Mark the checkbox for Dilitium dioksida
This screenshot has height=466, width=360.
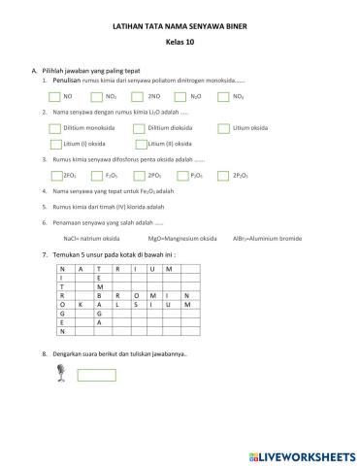[141, 127]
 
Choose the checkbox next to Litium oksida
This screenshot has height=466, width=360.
[224, 127]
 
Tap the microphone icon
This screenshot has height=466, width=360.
[63, 374]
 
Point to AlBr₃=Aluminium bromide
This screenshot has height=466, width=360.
[262, 238]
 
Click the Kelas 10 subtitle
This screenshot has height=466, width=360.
[180, 45]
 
